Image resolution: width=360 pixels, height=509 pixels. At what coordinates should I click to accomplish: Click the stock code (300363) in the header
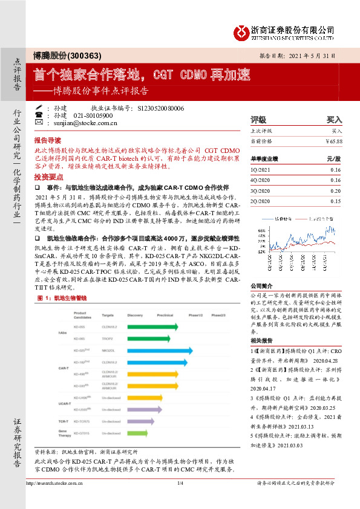(84, 56)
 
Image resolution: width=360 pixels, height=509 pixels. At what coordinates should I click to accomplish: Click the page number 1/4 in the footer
(180, 500)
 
